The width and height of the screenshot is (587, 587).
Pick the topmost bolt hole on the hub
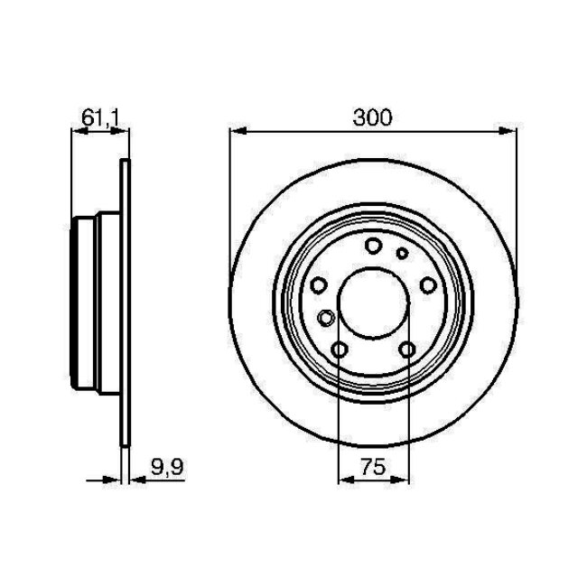373,245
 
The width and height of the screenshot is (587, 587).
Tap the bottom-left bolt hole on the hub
340,350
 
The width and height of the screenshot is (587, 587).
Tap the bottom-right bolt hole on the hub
407,350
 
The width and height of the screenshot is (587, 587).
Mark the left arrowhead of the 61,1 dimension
77,132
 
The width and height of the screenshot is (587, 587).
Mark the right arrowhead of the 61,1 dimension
123,132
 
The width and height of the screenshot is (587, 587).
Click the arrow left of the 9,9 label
113,480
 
